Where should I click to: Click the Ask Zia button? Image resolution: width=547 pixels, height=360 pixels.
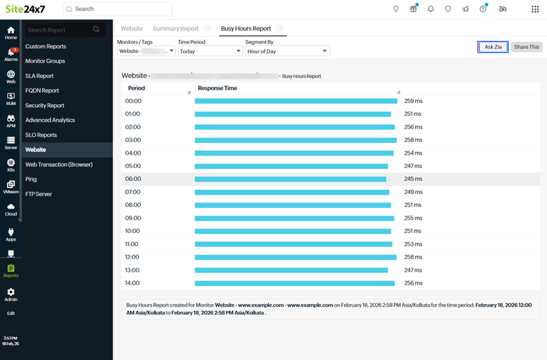[493, 47]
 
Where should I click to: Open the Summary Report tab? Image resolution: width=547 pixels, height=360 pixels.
[175, 29]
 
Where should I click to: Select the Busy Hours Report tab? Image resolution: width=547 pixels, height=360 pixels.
[245, 29]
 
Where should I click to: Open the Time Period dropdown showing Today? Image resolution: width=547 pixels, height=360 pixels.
[209, 51]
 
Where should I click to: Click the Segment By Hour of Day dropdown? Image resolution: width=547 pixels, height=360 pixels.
[287, 51]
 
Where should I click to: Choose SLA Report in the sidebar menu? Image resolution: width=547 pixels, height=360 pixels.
[39, 76]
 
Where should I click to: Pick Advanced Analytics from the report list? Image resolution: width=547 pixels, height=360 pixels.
[50, 120]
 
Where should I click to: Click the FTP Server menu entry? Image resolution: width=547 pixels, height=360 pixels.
[39, 194]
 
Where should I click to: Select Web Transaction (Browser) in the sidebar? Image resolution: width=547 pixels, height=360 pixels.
[59, 164]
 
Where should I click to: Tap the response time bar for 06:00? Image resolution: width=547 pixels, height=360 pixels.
[290, 179]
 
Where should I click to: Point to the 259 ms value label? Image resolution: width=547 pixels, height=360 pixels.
[413, 101]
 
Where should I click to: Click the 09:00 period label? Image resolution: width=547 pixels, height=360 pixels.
[133, 218]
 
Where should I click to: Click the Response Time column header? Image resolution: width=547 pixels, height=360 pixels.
[218, 88]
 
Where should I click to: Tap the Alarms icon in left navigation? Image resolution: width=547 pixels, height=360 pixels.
[11, 54]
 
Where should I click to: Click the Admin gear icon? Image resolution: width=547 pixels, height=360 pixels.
[11, 294]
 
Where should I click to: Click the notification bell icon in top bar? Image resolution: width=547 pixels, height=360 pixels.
[431, 9]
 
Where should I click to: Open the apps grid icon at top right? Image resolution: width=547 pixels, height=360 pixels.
[535, 9]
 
